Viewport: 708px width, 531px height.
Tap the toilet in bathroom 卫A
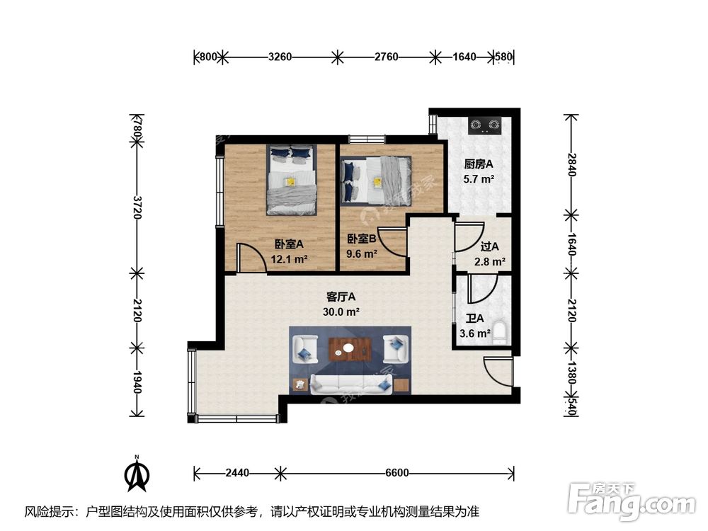pos(500,332)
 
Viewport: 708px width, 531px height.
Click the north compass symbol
pos(137,476)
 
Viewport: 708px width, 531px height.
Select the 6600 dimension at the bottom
pos(398,472)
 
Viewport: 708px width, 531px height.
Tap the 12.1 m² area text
pos(290,258)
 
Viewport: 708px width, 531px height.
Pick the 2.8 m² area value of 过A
pos(489,261)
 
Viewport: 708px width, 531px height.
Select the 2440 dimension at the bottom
pos(238,472)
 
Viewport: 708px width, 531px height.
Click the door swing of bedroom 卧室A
pos(249,257)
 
